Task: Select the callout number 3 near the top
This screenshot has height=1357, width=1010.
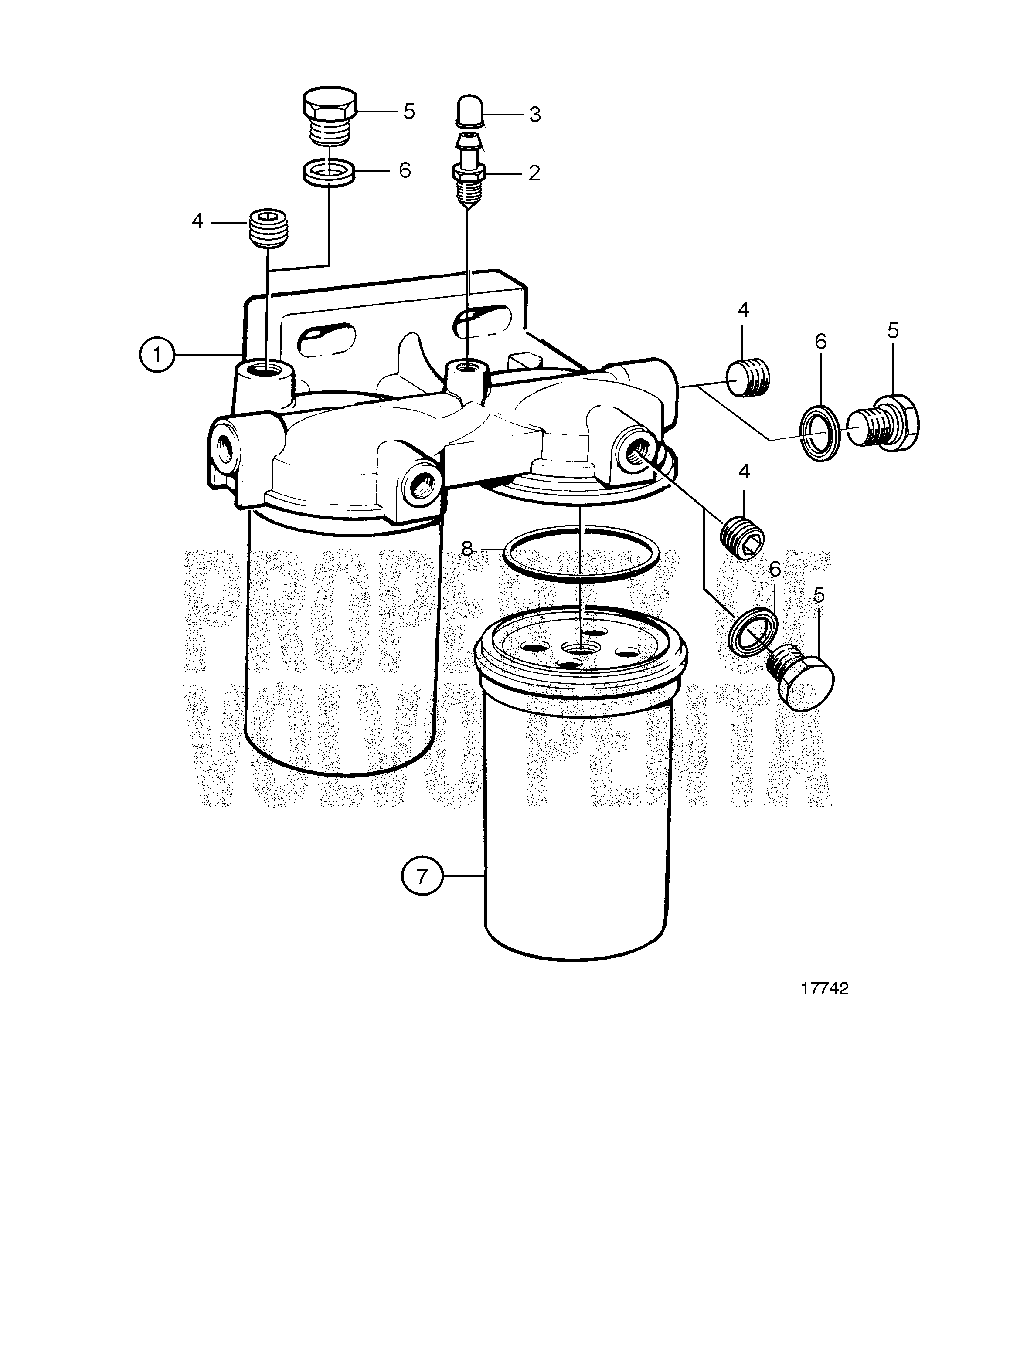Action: click(x=535, y=114)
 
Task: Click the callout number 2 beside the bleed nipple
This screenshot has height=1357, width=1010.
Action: click(x=534, y=173)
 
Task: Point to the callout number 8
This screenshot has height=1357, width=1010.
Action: click(x=468, y=548)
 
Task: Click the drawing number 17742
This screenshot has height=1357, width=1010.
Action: click(x=825, y=988)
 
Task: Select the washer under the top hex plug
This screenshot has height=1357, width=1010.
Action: click(x=330, y=172)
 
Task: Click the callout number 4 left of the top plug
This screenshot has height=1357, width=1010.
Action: click(x=197, y=221)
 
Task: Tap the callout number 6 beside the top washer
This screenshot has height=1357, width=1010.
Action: click(x=405, y=170)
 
